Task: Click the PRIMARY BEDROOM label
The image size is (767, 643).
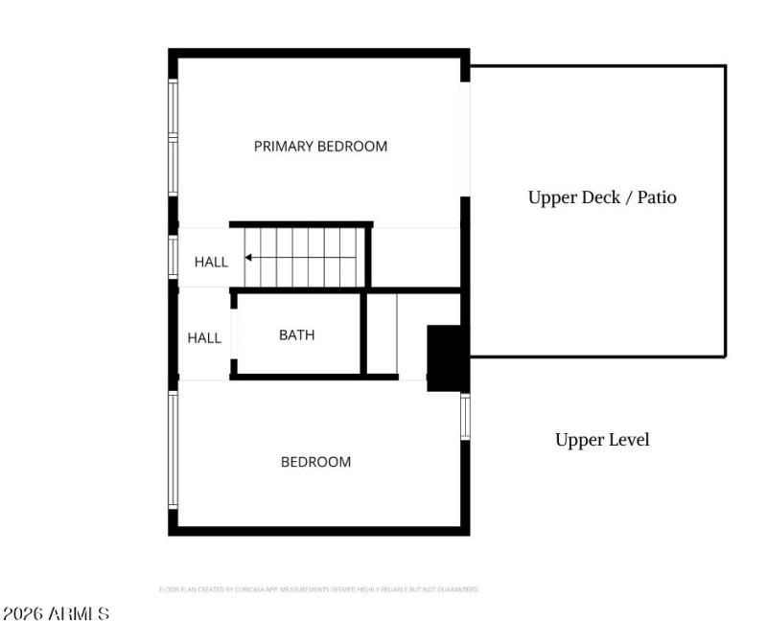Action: coord(320,147)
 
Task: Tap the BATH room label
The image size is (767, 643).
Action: coord(296,335)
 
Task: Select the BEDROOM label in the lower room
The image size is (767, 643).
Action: coord(315,462)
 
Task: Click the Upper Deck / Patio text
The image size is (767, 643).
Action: coord(602,197)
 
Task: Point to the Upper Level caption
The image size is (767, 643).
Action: coord(602,440)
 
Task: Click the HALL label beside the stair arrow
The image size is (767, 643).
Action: coord(211,262)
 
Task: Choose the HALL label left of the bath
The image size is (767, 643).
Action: coord(204,338)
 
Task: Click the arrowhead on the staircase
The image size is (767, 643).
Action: coord(249,258)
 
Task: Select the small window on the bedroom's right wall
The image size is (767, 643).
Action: coord(465,417)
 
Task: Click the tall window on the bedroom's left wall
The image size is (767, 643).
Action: coord(174,449)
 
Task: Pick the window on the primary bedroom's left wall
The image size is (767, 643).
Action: coord(174,138)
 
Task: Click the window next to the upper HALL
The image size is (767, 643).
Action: coord(174,257)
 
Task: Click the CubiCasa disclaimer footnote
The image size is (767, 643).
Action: coord(318,589)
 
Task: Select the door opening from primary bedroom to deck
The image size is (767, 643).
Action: coord(465,139)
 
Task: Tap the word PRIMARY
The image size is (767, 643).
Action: coord(284,147)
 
